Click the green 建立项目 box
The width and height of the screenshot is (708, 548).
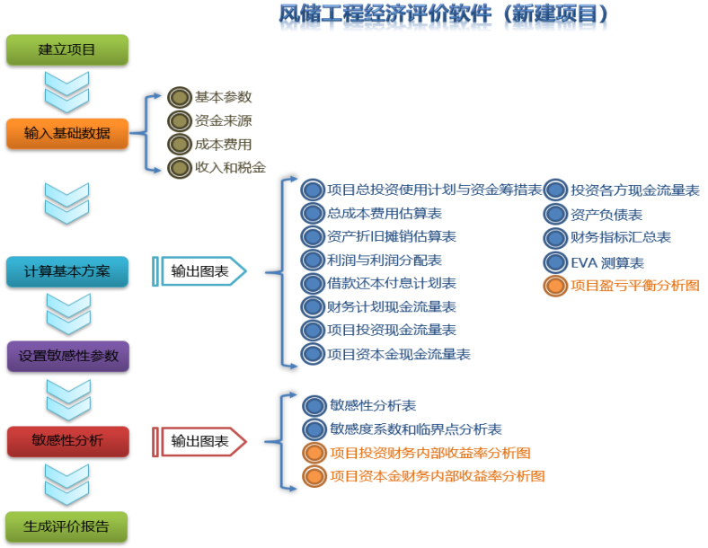(x=67, y=49)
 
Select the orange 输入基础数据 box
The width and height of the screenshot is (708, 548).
(x=67, y=134)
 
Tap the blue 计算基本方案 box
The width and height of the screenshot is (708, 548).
(x=67, y=271)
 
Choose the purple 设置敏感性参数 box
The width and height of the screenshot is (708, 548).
(x=68, y=356)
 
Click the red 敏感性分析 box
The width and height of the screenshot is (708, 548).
(x=68, y=441)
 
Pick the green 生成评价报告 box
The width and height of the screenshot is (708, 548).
(x=66, y=526)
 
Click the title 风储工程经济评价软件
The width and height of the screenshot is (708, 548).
(x=385, y=14)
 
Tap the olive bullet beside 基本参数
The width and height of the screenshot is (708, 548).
(x=180, y=97)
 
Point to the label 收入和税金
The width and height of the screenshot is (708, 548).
(x=230, y=168)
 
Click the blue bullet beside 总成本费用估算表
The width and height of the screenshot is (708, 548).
(x=313, y=214)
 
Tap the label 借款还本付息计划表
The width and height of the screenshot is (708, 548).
(x=392, y=284)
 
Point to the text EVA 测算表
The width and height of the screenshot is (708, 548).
(x=607, y=262)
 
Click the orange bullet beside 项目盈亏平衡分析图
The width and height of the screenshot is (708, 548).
(x=555, y=286)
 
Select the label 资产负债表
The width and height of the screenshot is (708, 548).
(x=606, y=215)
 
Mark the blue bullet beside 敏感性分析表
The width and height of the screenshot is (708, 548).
(x=314, y=406)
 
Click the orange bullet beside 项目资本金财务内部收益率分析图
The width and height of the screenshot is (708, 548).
(x=314, y=476)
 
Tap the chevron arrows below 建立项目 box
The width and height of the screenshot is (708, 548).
(x=66, y=93)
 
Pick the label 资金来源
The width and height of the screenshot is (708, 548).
(x=224, y=121)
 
